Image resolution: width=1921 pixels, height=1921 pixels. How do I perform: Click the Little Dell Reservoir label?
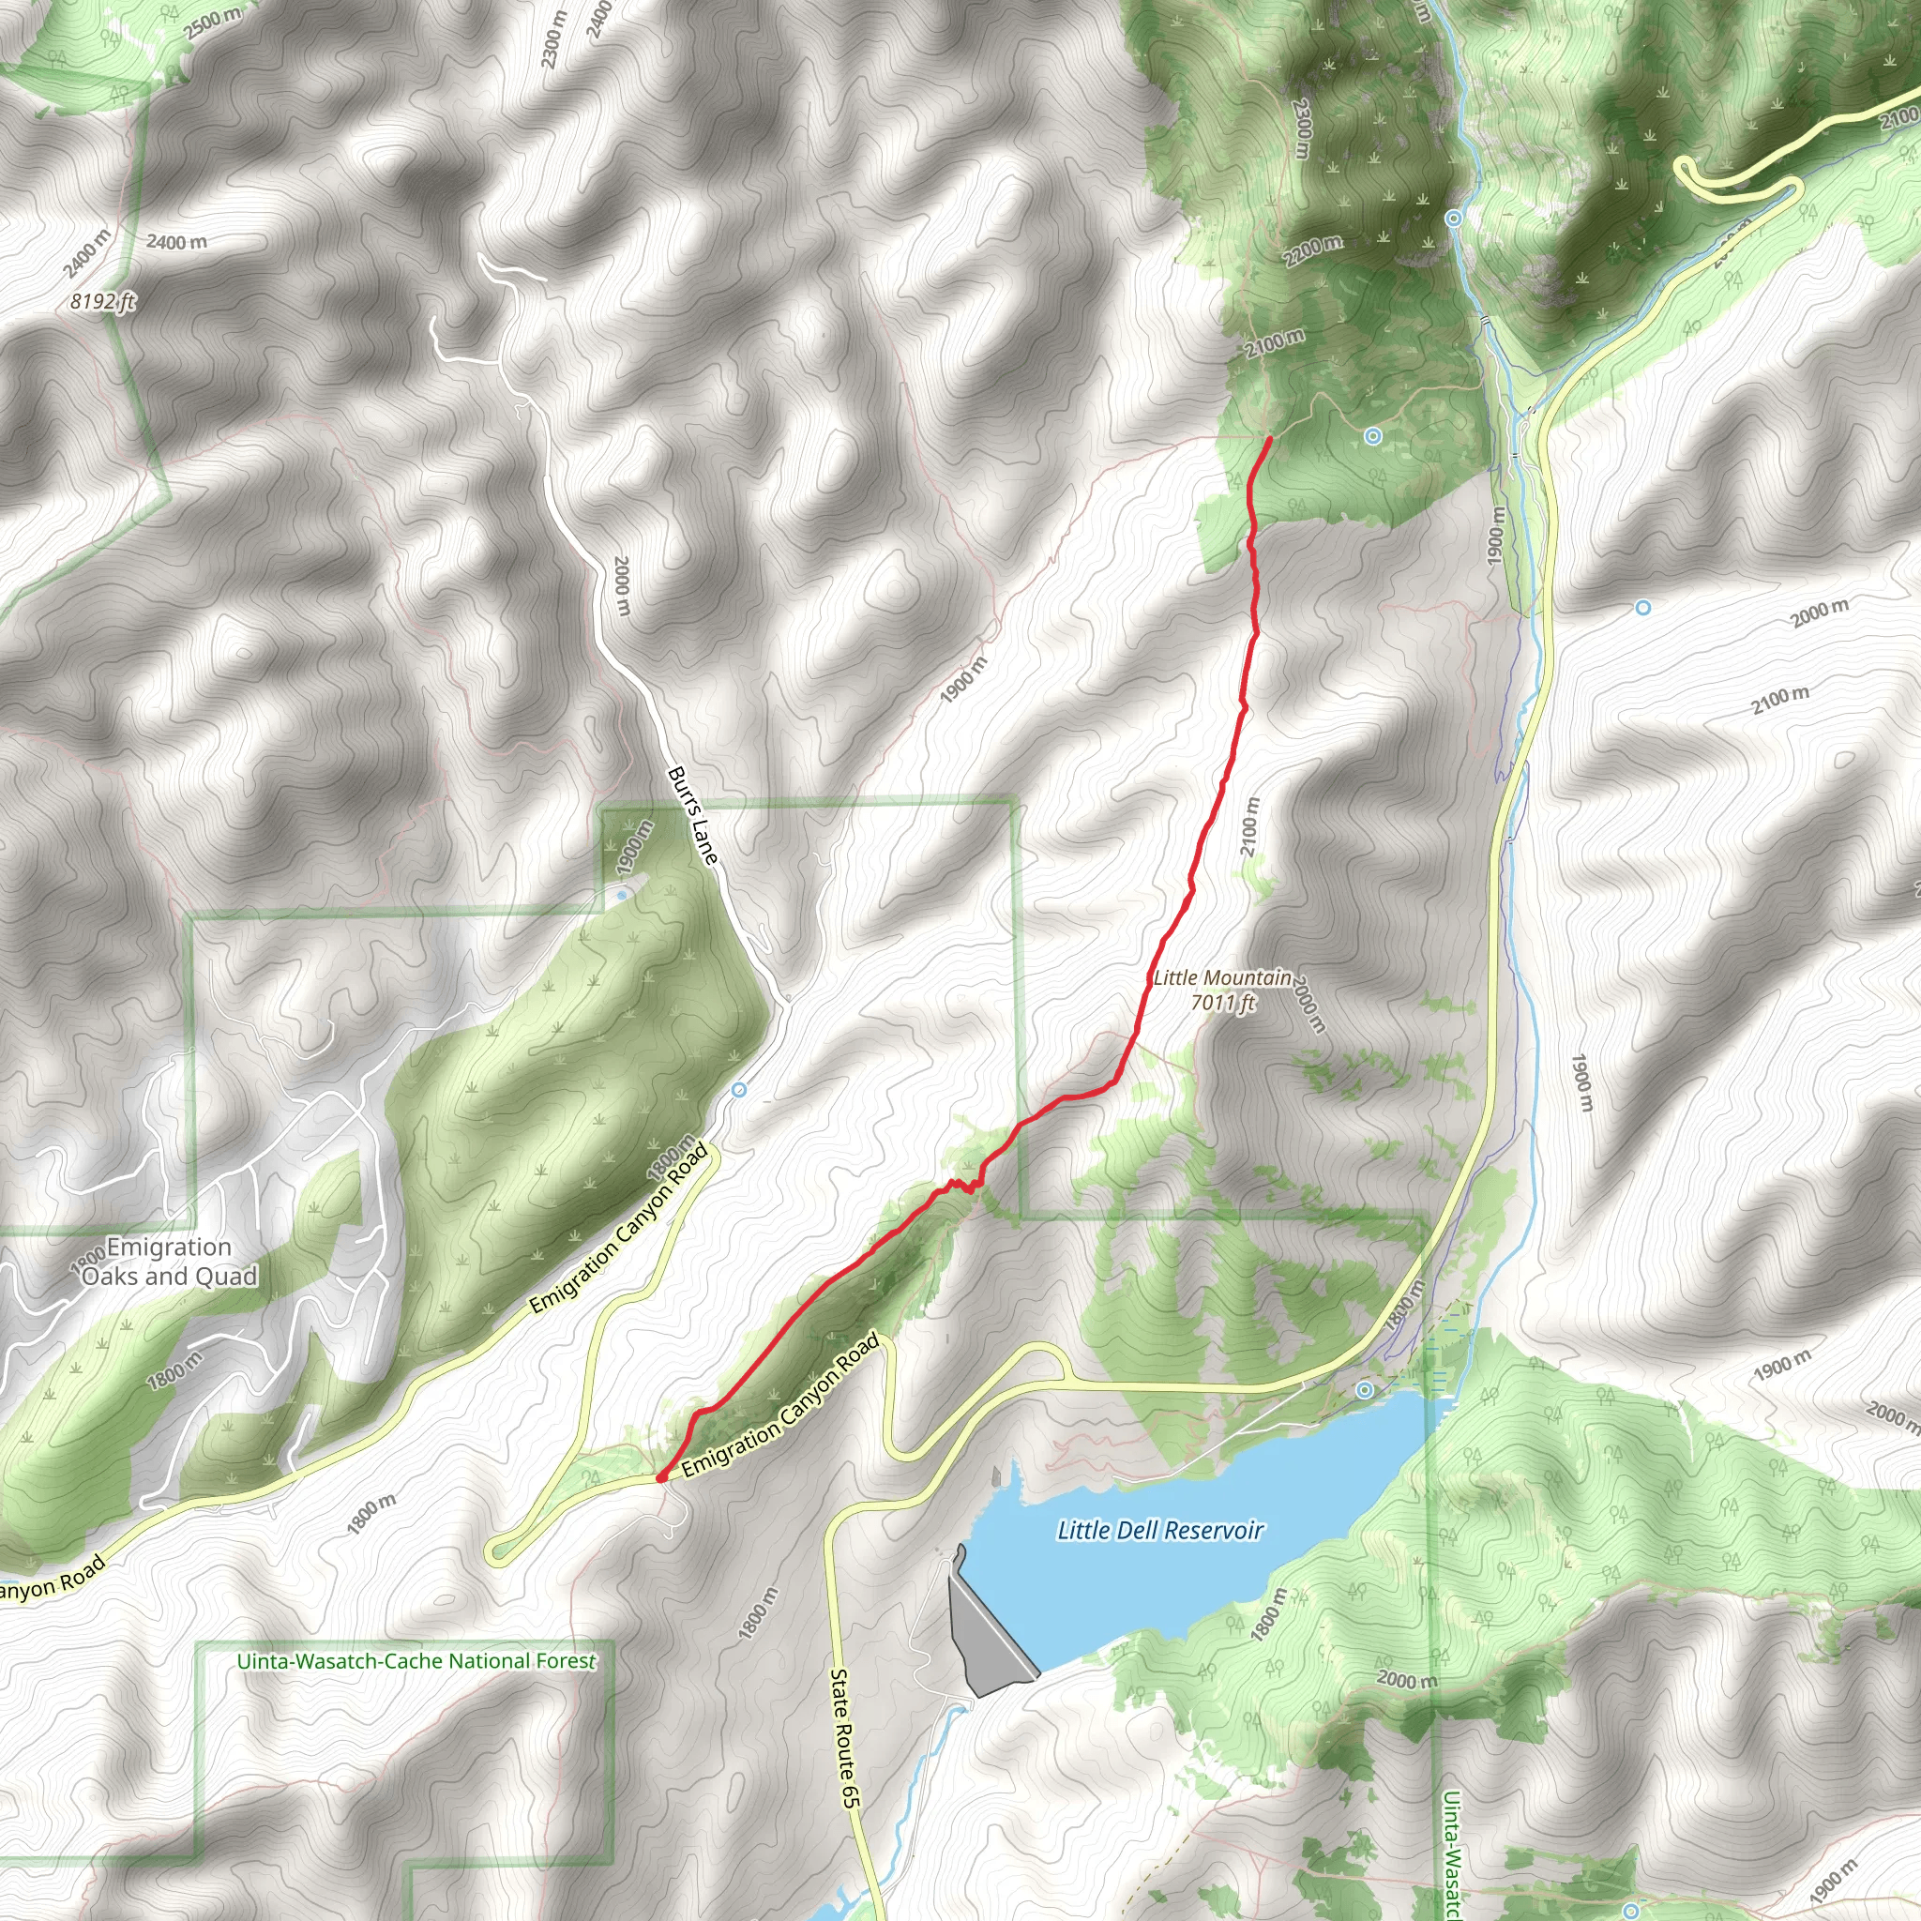pos(1159,1530)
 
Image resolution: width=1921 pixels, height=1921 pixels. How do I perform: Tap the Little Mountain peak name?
pos(1222,978)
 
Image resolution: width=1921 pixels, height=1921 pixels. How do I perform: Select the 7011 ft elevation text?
pos(1223,1003)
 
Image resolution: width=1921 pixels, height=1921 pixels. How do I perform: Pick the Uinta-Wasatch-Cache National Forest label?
pos(416,1661)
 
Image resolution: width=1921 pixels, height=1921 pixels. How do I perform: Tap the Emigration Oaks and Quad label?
pos(169,1262)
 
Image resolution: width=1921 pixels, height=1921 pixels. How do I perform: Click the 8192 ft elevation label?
pos(102,301)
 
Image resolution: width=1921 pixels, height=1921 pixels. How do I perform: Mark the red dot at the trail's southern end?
pos(661,1477)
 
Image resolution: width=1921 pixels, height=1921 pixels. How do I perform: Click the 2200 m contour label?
pos(1312,250)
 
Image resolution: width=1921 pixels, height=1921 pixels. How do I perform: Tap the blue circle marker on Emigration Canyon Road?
pos(739,1091)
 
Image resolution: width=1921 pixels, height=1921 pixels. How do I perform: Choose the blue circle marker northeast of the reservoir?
pos(1365,1389)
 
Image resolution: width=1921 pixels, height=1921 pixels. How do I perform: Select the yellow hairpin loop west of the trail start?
pos(497,1551)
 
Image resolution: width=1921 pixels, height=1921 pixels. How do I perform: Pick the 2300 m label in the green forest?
pos(1302,127)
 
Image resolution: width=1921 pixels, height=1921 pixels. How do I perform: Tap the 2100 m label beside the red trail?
pos(1249,827)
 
